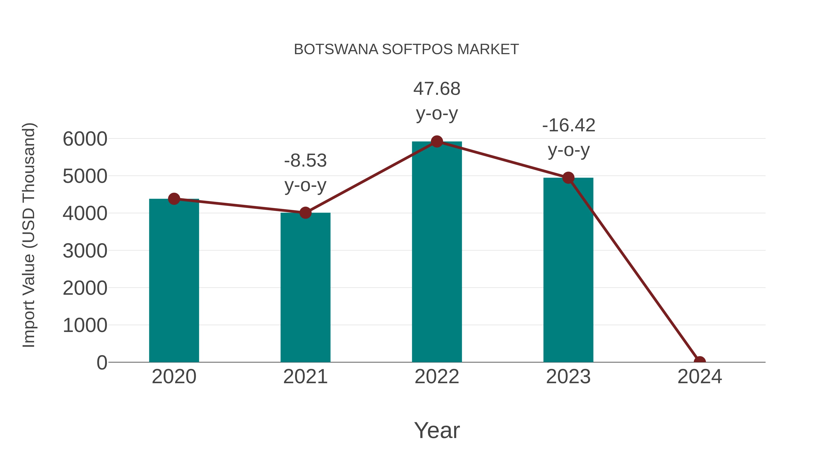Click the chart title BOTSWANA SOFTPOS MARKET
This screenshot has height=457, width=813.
406,49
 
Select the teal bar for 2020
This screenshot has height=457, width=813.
174,281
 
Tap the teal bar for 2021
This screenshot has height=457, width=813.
305,287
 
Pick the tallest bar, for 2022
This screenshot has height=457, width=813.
437,252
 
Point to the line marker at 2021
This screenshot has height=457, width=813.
305,213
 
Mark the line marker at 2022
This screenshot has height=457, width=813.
437,142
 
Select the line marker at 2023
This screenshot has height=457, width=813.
568,178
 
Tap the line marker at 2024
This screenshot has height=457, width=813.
699,362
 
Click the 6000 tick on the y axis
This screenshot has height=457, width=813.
85,139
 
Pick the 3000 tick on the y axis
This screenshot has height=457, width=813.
85,251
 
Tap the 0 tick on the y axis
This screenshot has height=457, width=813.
102,363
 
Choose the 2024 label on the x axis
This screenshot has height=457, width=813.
699,377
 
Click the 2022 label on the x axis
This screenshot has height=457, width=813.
437,377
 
